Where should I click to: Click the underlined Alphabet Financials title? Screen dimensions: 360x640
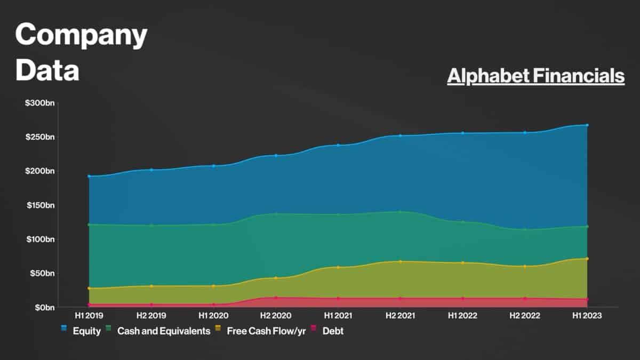coord(535,76)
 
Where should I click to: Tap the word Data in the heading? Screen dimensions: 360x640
coord(47,70)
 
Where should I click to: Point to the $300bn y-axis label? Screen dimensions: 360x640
coord(40,102)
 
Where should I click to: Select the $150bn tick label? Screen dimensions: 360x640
coord(41,205)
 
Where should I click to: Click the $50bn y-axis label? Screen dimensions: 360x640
coord(42,273)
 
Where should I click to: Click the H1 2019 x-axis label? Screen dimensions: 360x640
coord(89,316)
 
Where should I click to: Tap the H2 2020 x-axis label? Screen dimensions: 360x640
coord(276,316)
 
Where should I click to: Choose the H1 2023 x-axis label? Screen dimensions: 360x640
coord(587,316)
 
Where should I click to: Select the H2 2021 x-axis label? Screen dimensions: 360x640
coord(400,316)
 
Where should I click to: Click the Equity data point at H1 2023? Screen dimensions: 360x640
coord(587,125)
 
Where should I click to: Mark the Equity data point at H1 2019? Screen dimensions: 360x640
coord(89,176)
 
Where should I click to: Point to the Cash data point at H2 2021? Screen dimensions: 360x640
coord(400,212)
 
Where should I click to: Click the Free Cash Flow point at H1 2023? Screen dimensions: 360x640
coord(587,259)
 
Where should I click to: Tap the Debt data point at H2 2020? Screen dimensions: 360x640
coord(276,298)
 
